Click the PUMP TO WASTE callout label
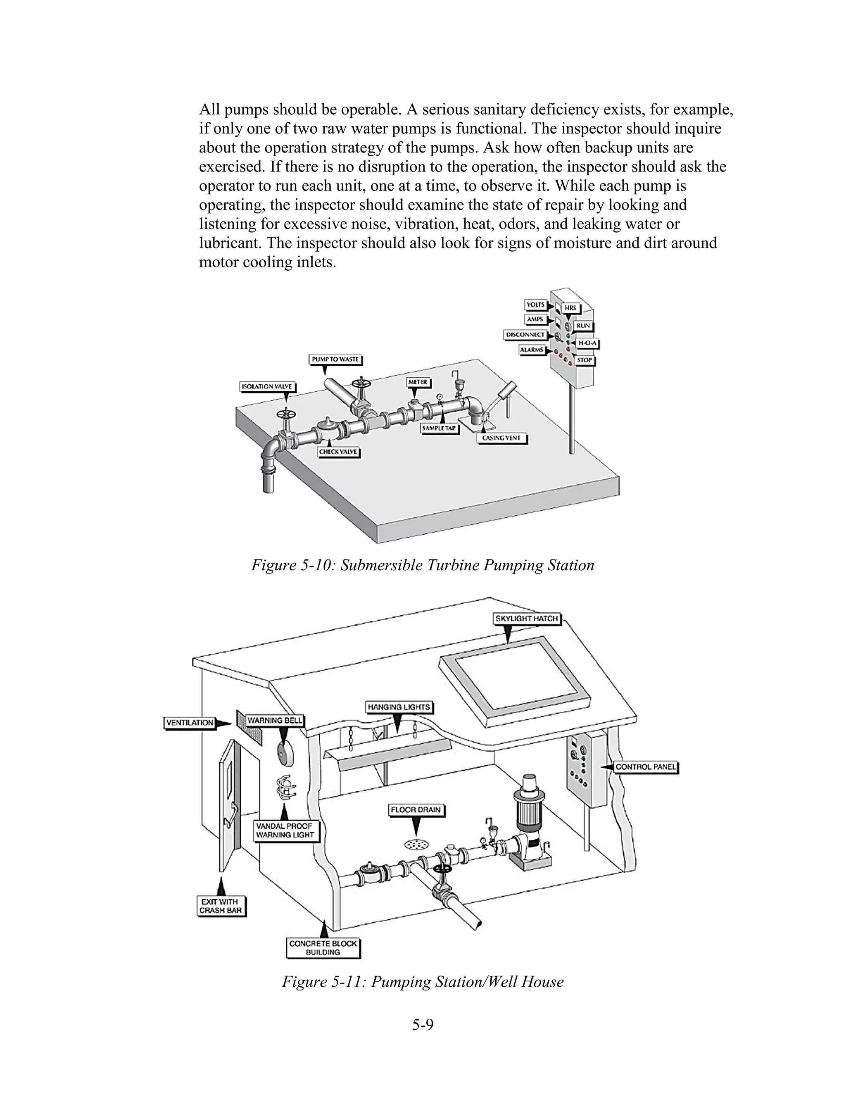[335, 359]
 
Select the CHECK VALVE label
[338, 452]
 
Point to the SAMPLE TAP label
[439, 428]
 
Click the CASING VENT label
[501, 438]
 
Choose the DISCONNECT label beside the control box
[525, 334]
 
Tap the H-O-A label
[587, 343]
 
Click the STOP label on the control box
[585, 360]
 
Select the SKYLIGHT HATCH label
[527, 619]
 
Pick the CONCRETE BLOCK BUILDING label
[323, 947]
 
